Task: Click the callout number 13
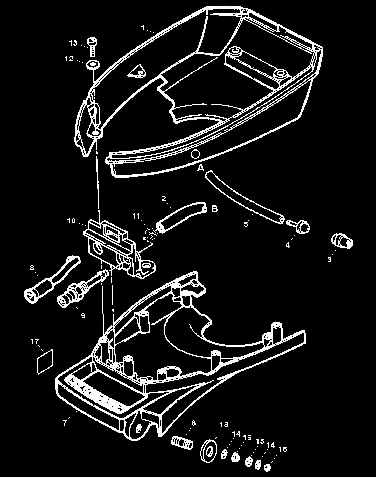73,43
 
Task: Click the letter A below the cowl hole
201,168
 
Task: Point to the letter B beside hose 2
214,209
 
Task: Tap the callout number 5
246,224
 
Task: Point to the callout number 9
83,315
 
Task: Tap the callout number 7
65,423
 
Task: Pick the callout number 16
283,449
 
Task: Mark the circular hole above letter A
195,154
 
